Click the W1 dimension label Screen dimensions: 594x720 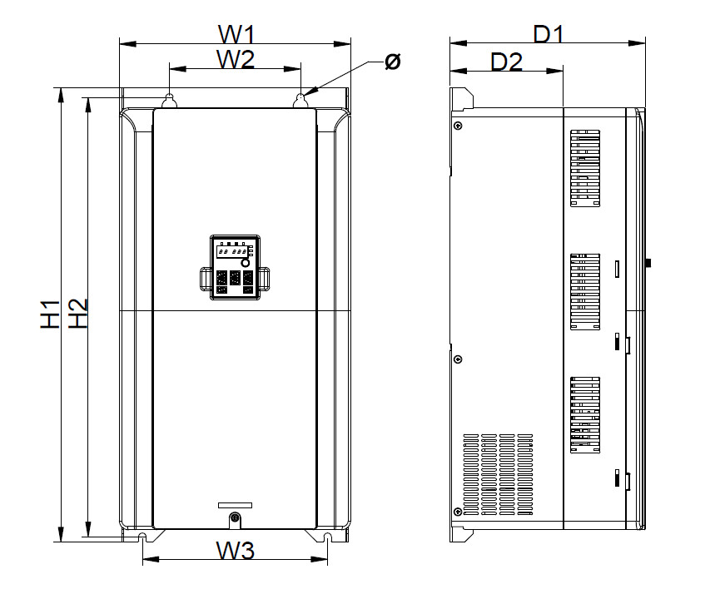tap(236, 34)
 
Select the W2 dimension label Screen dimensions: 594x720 tap(235, 60)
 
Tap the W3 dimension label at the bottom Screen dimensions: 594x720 tap(236, 551)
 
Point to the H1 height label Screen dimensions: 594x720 tap(52, 314)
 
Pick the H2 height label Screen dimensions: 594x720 tap(78, 314)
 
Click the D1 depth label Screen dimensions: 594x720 tap(549, 34)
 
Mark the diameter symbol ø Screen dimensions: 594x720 tap(393, 62)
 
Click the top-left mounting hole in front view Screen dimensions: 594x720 tap(169, 101)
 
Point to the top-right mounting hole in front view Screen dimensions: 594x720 tap(301, 101)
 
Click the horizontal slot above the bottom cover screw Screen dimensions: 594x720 tap(236, 505)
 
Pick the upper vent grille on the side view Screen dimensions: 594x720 tap(585, 167)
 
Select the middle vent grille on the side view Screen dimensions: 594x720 tap(585, 291)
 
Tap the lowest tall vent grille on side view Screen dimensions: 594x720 tap(585, 414)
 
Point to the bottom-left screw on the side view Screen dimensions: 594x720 tap(457, 511)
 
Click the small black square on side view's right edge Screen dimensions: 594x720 tap(648, 264)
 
